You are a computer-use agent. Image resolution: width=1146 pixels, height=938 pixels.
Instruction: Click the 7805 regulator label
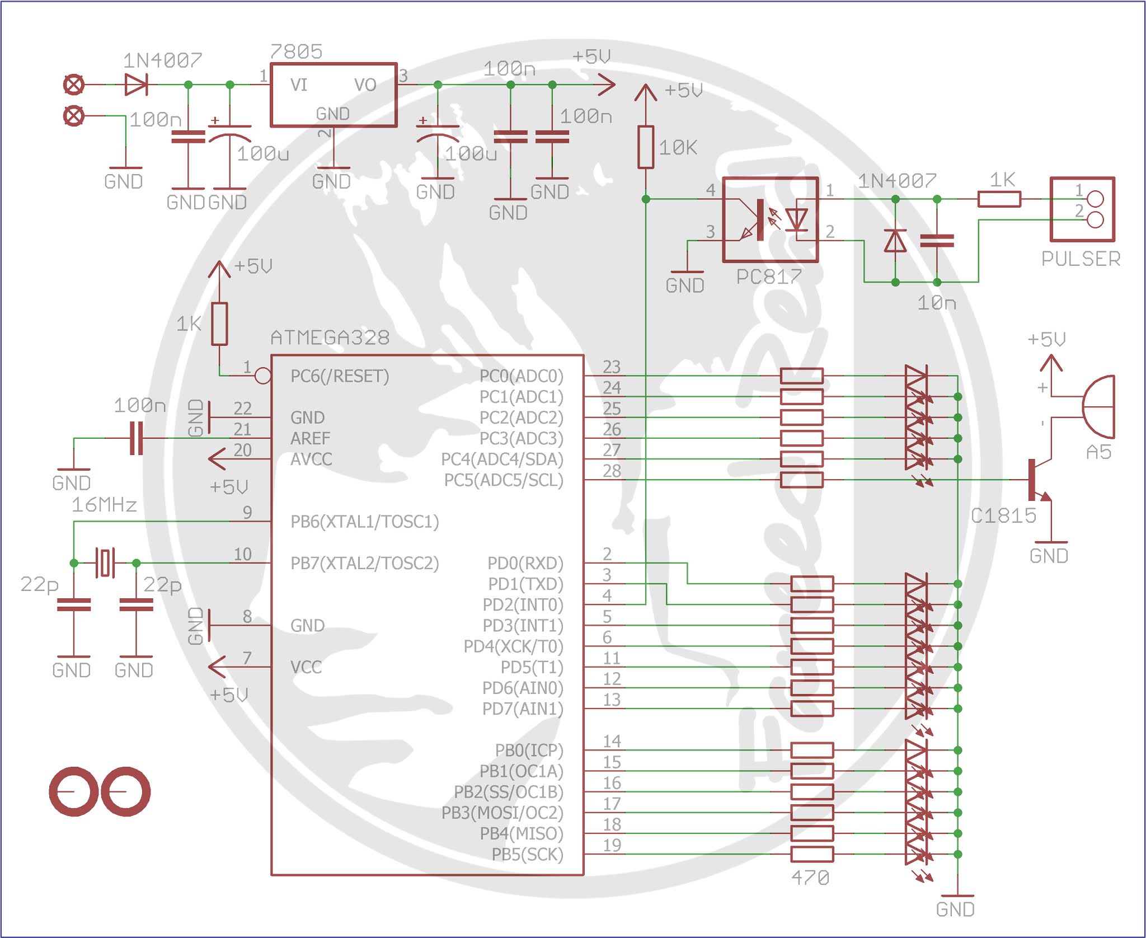click(296, 51)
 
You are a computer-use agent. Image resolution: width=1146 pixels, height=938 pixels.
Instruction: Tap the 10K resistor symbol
click(646, 147)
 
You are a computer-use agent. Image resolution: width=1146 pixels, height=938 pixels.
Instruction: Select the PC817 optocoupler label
click(769, 276)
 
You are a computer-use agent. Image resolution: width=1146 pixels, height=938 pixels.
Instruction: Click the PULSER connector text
click(1081, 259)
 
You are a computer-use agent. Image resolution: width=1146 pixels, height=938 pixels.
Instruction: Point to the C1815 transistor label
click(1003, 515)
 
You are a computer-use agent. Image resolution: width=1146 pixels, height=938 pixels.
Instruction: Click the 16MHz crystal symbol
click(105, 562)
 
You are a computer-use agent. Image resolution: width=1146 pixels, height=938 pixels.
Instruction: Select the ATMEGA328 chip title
click(330, 337)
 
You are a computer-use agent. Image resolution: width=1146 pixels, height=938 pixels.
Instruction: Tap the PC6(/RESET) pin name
click(340, 376)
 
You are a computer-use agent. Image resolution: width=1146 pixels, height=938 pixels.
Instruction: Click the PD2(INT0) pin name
click(523, 605)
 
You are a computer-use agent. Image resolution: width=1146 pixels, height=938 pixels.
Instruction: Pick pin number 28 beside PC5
click(612, 471)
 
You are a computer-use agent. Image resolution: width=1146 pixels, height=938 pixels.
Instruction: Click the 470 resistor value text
click(810, 878)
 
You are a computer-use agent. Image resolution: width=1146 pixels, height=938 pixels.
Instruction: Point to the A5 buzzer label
click(1098, 452)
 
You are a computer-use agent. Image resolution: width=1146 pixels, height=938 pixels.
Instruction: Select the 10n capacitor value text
click(937, 303)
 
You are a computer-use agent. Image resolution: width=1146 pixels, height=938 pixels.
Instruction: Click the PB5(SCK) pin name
click(527, 855)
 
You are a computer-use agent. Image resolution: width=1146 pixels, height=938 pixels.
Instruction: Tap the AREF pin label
click(310, 438)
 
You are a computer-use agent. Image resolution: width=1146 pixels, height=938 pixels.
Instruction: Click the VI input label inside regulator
click(298, 85)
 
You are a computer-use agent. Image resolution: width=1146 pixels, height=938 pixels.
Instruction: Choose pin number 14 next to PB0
click(612, 742)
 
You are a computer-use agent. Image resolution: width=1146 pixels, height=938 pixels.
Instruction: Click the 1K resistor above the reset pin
click(219, 323)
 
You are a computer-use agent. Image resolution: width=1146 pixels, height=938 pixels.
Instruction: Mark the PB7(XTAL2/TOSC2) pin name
click(364, 563)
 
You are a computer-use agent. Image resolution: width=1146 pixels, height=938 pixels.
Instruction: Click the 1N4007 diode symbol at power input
click(135, 85)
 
